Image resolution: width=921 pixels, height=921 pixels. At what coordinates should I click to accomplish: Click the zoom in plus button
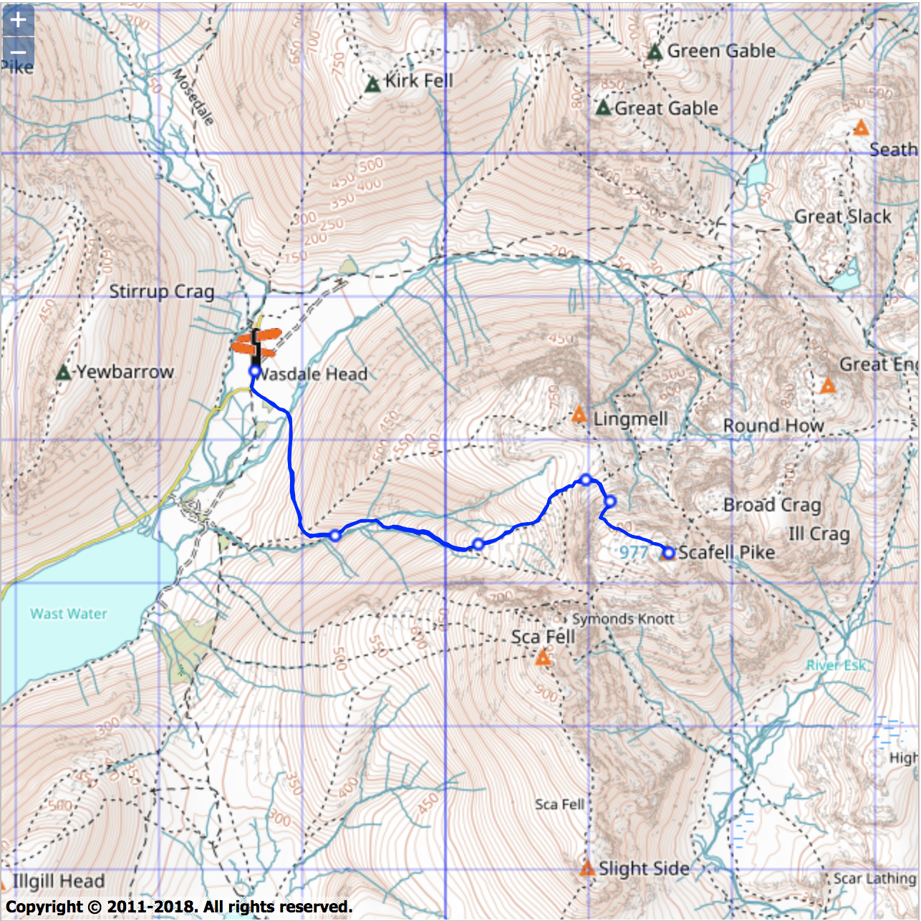tap(18, 20)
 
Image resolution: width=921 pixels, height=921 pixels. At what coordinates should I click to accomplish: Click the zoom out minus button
tap(18, 52)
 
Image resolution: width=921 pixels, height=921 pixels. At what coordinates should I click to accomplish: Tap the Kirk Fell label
tap(419, 80)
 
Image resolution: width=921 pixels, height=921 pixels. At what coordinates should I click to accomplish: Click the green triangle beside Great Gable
tap(604, 108)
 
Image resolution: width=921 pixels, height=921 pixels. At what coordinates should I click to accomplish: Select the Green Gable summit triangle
tap(654, 52)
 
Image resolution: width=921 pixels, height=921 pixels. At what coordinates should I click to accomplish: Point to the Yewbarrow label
tap(125, 372)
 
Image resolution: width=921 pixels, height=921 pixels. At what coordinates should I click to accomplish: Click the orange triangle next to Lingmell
tap(579, 415)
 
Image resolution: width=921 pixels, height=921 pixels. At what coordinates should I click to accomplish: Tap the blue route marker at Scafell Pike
tap(668, 553)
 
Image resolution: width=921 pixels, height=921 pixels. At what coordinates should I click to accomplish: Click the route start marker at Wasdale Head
tap(254, 371)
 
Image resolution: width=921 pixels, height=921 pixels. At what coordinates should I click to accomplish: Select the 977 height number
tap(634, 552)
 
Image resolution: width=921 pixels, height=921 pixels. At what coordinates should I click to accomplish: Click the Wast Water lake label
tap(69, 614)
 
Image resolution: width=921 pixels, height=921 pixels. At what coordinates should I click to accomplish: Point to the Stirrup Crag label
tap(161, 291)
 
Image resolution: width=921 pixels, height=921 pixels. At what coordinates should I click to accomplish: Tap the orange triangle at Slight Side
tap(587, 869)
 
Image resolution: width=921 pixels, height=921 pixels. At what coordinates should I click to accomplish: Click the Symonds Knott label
tap(622, 619)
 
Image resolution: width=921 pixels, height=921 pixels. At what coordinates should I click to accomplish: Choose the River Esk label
tap(836, 665)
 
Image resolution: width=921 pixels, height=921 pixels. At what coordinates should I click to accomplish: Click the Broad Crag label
tap(771, 505)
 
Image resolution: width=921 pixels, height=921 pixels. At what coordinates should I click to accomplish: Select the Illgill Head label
tap(58, 881)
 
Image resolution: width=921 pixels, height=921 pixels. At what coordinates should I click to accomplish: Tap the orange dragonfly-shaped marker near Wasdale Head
tap(256, 342)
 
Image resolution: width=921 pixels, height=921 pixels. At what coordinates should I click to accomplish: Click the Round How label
tap(773, 426)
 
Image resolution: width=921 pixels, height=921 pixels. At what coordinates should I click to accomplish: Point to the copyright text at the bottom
tap(179, 907)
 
